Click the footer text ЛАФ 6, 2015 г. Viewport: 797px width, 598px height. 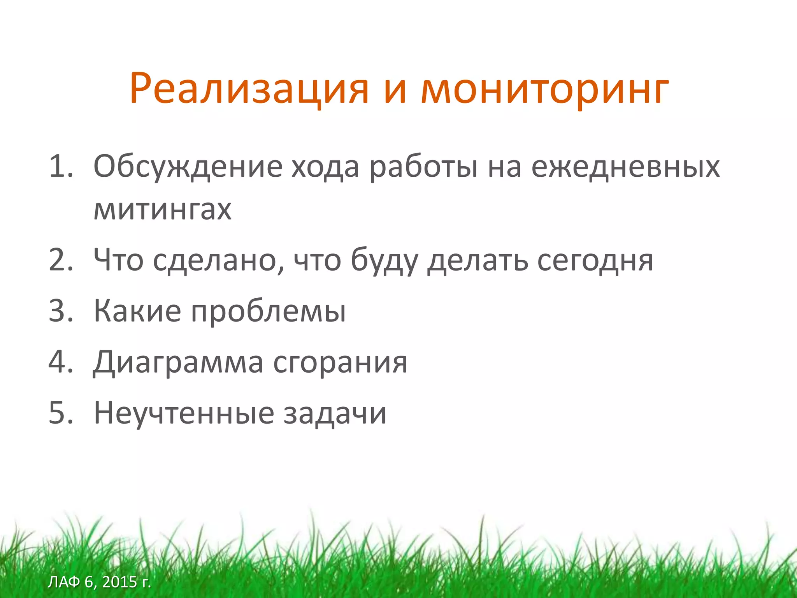(99, 582)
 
